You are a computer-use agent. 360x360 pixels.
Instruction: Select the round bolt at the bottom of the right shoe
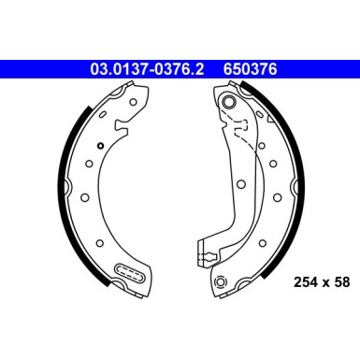(x=222, y=282)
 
